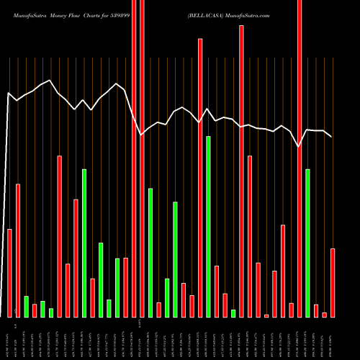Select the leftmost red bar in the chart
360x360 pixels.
pyautogui.click(x=9, y=273)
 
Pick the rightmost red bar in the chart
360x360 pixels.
pyautogui.click(x=333, y=282)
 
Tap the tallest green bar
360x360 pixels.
pyautogui.click(x=208, y=226)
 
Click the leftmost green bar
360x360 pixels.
pyautogui.click(x=26, y=306)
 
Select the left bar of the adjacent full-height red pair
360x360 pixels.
pyautogui.click(x=134, y=158)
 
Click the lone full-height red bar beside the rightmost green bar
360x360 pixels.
pyautogui.click(x=300, y=158)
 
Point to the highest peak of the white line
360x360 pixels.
pyautogui.click(x=49, y=81)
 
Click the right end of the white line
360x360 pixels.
pyautogui.click(x=331, y=136)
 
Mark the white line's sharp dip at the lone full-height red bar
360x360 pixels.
pyautogui.click(x=300, y=146)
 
